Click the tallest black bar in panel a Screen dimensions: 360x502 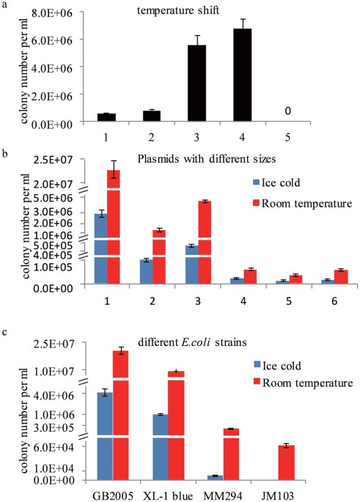pos(242,75)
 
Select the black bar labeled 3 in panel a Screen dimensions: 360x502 pos(196,84)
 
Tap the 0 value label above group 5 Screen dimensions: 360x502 pos(287,111)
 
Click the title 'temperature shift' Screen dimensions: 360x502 pos(178,10)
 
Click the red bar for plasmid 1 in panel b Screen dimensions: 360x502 pos(114,226)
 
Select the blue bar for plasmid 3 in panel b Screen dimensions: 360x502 pos(192,265)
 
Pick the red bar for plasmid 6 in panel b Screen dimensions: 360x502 pos(341,277)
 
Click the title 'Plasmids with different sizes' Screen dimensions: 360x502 pos(207,159)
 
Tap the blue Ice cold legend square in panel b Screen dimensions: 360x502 pos(256,182)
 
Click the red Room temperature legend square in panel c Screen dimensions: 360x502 pos(257,382)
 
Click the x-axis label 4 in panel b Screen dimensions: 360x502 pos(243,301)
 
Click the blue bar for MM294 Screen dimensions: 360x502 pos(216,478)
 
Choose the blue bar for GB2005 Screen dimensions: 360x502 pos(105,436)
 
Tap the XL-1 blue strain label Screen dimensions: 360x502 pos(167,496)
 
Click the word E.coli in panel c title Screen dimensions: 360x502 pos(195,342)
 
